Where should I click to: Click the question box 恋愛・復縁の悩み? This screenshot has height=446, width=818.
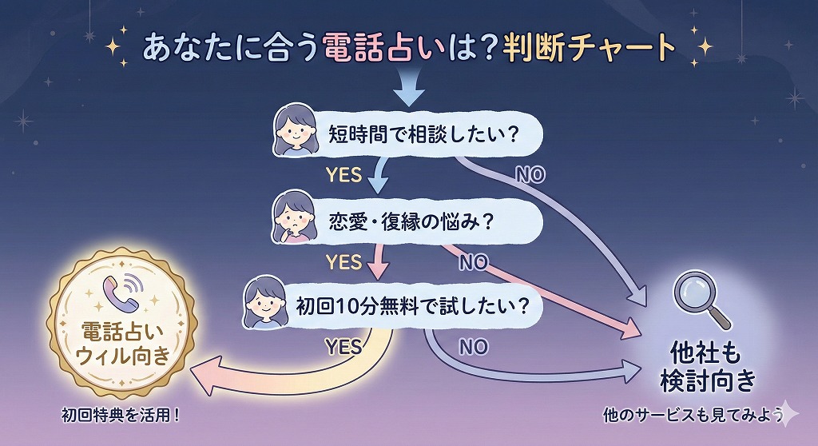407,221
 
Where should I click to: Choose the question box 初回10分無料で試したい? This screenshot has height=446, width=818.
393,305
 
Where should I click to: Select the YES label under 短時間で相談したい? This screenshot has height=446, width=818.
343,174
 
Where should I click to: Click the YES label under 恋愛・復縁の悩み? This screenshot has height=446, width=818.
343,261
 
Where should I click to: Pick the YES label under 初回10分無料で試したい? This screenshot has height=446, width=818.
343,347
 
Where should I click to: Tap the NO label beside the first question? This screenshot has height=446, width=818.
530,174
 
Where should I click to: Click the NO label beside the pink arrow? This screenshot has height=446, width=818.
473,263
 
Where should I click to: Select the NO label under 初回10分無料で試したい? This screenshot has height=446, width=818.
473,347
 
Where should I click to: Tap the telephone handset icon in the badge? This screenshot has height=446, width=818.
122,293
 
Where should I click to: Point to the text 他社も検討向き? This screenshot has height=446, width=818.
708,367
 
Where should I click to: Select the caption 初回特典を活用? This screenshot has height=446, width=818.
121,415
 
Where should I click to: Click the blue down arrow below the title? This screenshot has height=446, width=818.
409,86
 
